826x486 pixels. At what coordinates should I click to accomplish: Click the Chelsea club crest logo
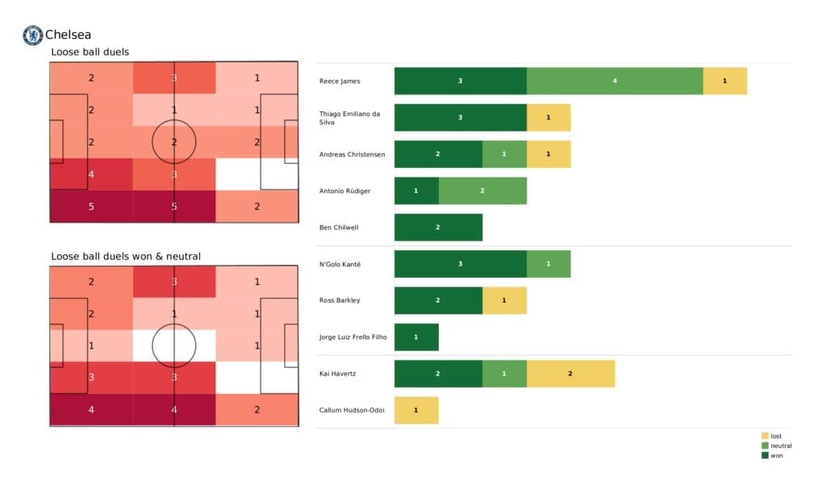(32, 35)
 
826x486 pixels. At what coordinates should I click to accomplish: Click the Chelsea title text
(68, 35)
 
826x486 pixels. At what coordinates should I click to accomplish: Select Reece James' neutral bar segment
(615, 81)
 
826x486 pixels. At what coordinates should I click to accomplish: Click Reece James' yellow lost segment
(724, 81)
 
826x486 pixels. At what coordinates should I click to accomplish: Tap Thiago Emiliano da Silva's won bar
(460, 117)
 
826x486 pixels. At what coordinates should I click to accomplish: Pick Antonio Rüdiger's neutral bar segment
(482, 191)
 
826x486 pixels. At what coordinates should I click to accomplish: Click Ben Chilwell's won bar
(438, 227)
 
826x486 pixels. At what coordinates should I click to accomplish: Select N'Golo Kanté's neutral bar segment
(548, 264)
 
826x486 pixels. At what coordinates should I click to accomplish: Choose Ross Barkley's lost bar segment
(504, 300)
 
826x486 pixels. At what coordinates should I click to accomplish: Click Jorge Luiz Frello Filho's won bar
(416, 337)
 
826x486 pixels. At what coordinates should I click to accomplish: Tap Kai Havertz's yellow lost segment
(570, 374)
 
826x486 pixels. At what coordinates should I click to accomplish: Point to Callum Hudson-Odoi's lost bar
(416, 410)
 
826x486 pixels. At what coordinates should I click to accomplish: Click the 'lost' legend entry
(775, 436)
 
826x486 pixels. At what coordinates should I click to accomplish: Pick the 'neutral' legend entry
(780, 446)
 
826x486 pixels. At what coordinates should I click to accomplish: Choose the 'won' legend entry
(776, 455)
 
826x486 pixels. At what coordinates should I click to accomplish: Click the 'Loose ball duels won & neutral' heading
(126, 256)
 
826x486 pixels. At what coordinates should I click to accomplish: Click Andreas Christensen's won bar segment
(438, 154)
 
